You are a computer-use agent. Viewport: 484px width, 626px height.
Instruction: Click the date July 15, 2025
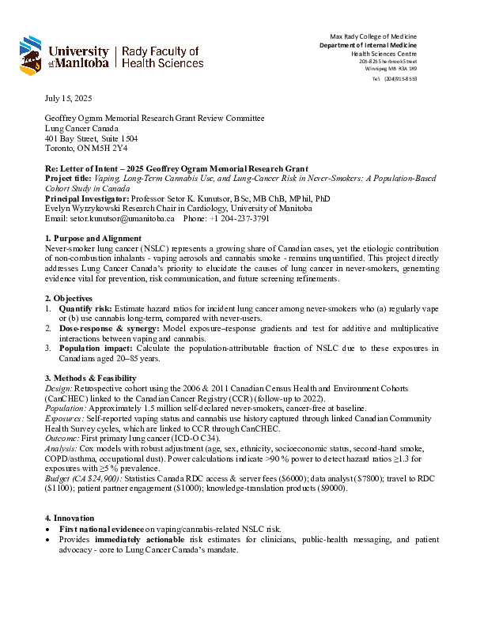coord(68,98)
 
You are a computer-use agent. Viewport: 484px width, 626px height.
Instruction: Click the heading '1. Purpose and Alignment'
coord(93,238)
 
